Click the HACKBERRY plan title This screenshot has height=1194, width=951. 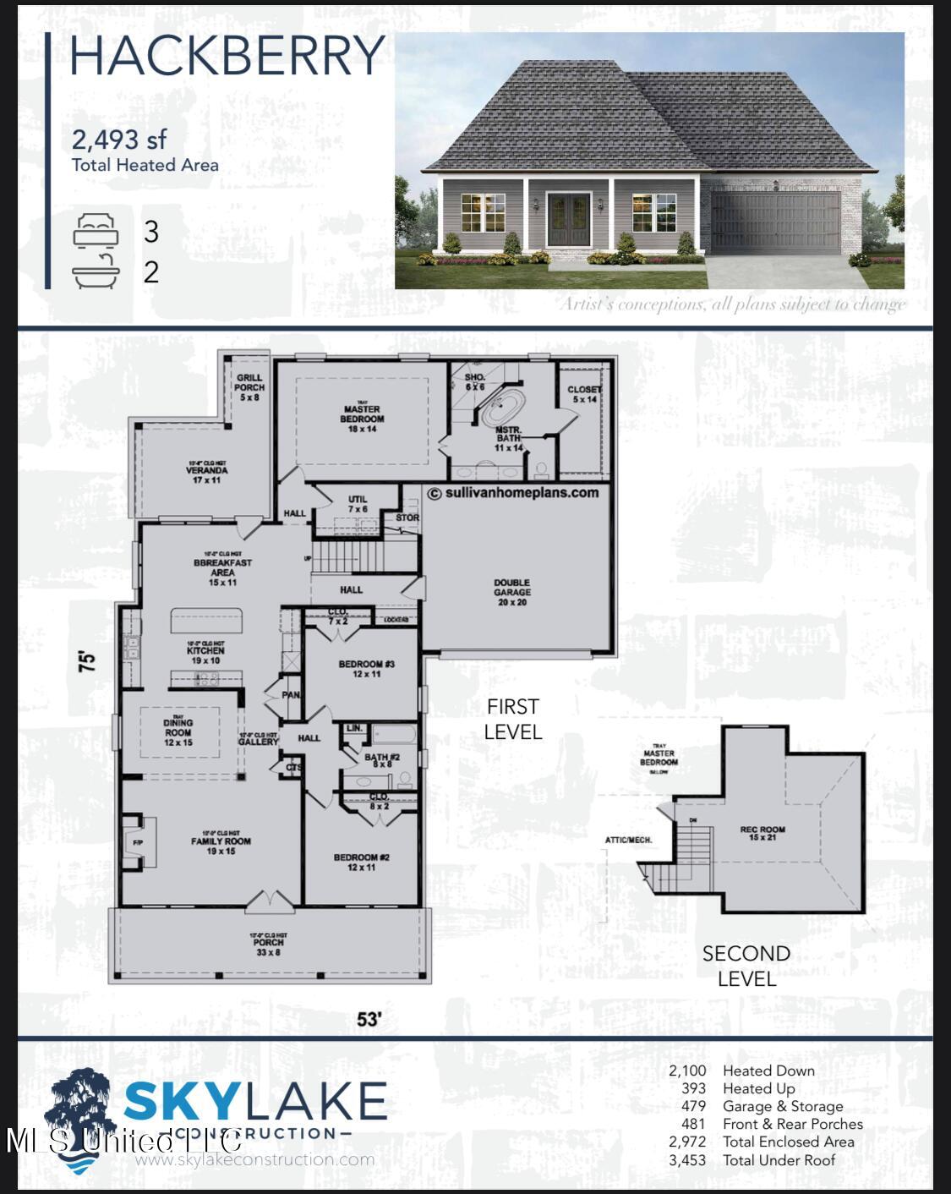[227, 56]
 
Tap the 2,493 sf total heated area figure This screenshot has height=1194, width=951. [119, 140]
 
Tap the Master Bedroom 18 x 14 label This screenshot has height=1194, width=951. [362, 419]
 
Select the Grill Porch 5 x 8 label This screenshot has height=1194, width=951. [249, 387]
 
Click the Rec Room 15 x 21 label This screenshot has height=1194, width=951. [762, 833]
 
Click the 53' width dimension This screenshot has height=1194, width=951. [369, 1019]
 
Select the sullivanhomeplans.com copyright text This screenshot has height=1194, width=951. [513, 493]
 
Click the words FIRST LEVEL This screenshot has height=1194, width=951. [512, 719]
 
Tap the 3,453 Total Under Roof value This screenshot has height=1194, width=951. [687, 1160]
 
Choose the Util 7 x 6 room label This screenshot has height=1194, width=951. [358, 505]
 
